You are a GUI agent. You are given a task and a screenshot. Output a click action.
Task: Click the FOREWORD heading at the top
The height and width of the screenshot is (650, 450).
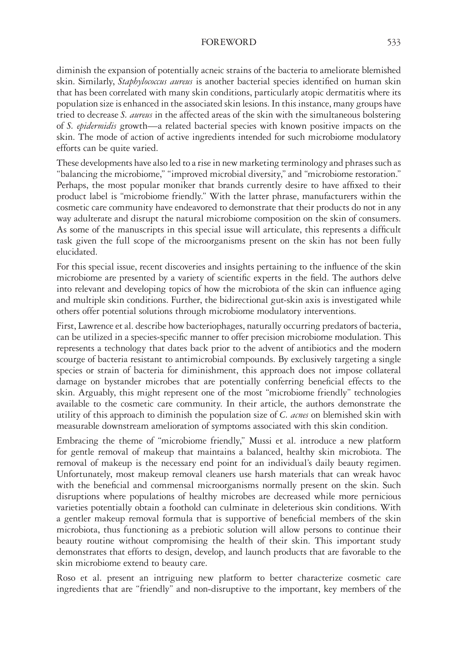point(229,42)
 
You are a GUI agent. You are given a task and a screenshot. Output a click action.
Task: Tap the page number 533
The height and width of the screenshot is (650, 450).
point(394,42)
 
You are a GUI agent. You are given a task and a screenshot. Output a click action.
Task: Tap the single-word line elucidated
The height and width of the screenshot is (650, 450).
point(77,252)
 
